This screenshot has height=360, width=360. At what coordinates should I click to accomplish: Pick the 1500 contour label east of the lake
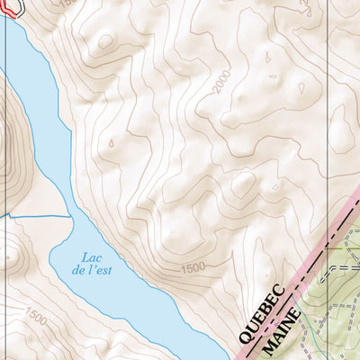pyautogui.click(x=193, y=268)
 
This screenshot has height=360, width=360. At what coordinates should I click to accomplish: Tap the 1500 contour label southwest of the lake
pyautogui.click(x=36, y=317)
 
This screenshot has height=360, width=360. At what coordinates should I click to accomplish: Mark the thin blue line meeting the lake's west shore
pyautogui.click(x=36, y=217)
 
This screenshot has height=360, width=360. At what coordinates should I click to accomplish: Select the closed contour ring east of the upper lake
pyautogui.click(x=106, y=41)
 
